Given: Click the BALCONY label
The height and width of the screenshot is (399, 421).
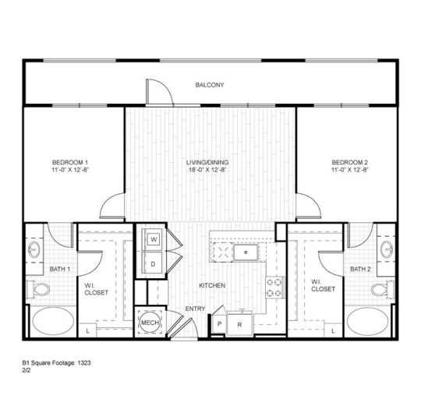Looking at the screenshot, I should pos(209,84).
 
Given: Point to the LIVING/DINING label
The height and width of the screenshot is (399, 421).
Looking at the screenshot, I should pos(207,162).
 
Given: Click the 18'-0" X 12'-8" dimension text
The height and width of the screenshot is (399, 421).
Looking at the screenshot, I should pos(207,170).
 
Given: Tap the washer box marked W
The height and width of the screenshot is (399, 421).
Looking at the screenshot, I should pos(154,238).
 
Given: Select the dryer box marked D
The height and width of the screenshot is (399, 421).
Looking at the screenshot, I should pos(154,264).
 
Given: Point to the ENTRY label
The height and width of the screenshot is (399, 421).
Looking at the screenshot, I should pos(194,309).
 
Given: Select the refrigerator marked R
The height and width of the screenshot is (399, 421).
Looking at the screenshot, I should pos(240,323).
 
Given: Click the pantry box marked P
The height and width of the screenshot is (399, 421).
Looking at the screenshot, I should pos(220,323).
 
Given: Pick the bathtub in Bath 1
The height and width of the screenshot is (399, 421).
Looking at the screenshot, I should pos(51,320).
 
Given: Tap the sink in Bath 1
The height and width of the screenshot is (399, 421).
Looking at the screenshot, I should pos(34,251).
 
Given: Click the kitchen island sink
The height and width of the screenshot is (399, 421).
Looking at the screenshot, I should pos(248,252).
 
